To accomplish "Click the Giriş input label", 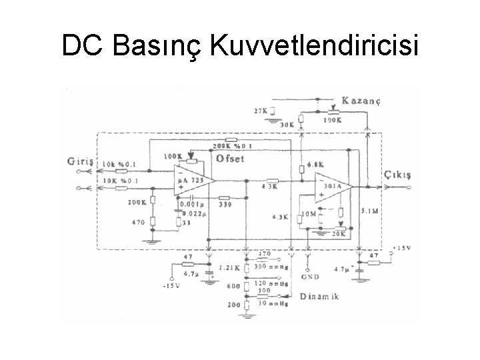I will [81, 161].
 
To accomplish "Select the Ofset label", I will [230, 159].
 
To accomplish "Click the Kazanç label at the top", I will [361, 101].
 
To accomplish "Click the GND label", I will [311, 275].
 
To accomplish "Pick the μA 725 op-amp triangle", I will [192, 181].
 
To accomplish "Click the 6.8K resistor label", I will [316, 166].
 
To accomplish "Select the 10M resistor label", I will [308, 213].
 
